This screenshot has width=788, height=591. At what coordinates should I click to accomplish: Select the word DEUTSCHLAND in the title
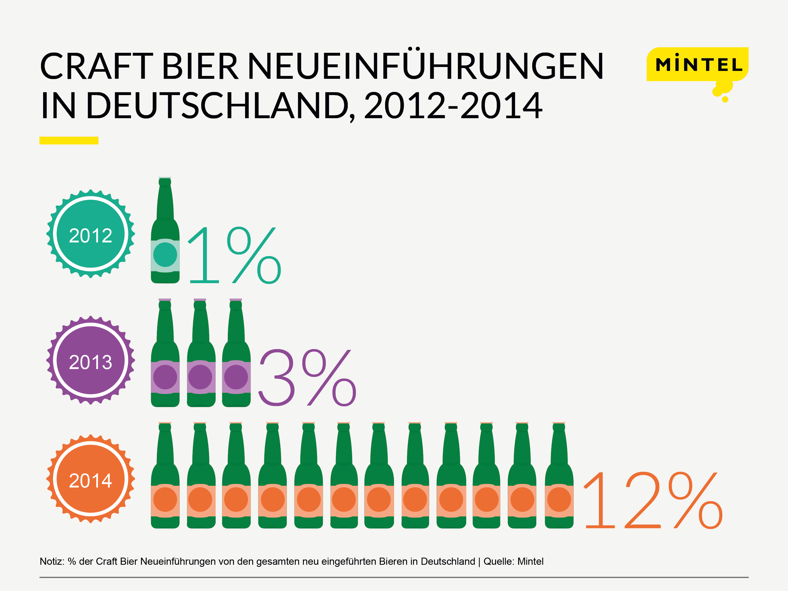point(217,106)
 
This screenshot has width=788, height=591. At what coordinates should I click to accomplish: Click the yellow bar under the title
point(69,140)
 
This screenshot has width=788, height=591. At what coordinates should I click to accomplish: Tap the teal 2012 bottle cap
point(90,234)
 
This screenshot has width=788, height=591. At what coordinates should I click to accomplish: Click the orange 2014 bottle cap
point(90,479)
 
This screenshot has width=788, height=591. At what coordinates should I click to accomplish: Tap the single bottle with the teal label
point(165,232)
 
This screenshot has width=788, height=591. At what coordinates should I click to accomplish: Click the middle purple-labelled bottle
point(201,354)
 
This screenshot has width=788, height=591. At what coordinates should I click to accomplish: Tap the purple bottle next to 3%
point(236,354)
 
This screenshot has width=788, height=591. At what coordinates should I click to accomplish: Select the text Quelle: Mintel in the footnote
point(513,561)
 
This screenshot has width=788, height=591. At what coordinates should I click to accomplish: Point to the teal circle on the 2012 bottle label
point(165,255)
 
